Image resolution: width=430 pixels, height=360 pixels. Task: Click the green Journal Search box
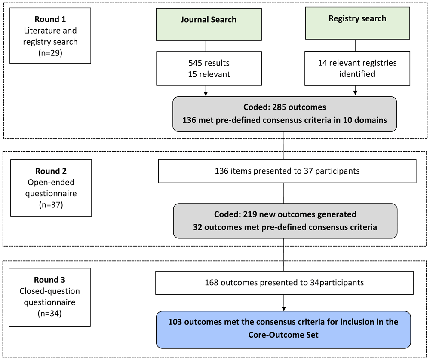click(x=209, y=24)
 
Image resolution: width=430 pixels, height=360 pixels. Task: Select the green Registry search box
click(x=357, y=23)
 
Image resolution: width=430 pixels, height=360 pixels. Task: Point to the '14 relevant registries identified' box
click(x=357, y=68)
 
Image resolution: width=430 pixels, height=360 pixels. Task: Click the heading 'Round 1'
click(x=50, y=19)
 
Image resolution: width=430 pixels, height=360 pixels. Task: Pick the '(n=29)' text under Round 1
click(x=50, y=52)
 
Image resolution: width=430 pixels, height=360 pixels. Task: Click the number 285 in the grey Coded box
click(x=279, y=107)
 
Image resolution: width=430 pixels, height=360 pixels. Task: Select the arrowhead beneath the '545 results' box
click(x=206, y=93)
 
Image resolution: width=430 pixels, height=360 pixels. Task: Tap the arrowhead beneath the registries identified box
click(x=356, y=93)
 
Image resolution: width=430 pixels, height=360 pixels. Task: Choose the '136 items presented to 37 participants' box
click(x=287, y=171)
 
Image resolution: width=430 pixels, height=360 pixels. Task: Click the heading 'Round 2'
click(x=51, y=171)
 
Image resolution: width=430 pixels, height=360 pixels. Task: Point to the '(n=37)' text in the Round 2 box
click(x=51, y=204)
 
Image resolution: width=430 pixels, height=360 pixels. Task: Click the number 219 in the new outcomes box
click(x=250, y=214)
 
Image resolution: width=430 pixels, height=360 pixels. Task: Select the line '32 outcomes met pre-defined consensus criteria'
click(x=285, y=227)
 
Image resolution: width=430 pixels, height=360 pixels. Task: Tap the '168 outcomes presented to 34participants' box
click(x=284, y=283)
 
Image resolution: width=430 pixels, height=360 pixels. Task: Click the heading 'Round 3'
click(x=49, y=280)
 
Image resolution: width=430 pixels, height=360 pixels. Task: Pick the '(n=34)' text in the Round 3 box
click(x=49, y=313)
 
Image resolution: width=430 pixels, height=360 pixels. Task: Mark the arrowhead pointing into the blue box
click(x=284, y=309)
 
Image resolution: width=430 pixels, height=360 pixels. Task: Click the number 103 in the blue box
click(x=175, y=322)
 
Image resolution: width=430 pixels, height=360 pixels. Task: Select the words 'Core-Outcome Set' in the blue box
click(x=283, y=335)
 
